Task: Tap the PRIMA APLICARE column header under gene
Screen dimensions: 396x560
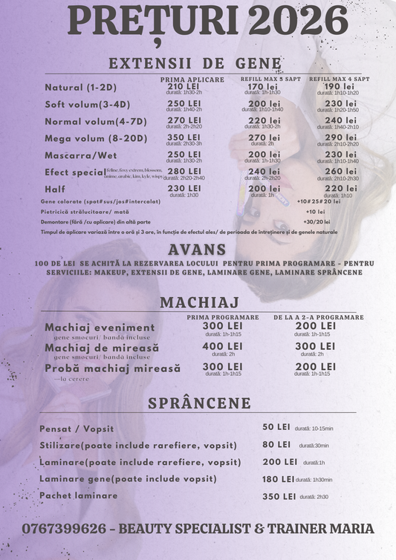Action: point(192,79)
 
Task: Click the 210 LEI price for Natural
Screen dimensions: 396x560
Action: point(184,86)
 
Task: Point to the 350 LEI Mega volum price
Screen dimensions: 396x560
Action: point(184,137)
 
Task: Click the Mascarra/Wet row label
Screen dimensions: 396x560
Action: point(76,154)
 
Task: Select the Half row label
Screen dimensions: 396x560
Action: point(55,189)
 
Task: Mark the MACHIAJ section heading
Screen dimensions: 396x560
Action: point(198,303)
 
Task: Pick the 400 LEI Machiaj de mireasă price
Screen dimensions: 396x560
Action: point(222,346)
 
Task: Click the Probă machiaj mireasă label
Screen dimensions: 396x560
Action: point(112,368)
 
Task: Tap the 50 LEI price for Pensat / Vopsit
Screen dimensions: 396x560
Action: point(276,428)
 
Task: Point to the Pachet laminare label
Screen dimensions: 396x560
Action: point(78,495)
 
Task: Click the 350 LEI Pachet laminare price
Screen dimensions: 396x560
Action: point(279,496)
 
